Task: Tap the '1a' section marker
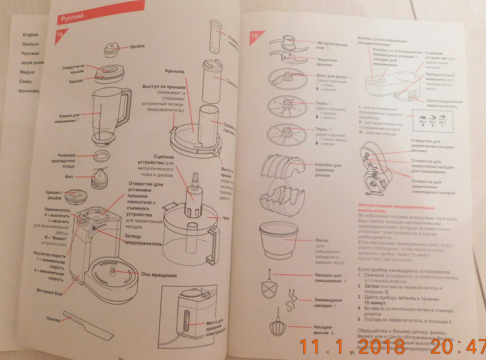point(60,36)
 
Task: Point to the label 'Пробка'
point(137,47)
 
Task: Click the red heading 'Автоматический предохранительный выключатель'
point(383,208)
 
